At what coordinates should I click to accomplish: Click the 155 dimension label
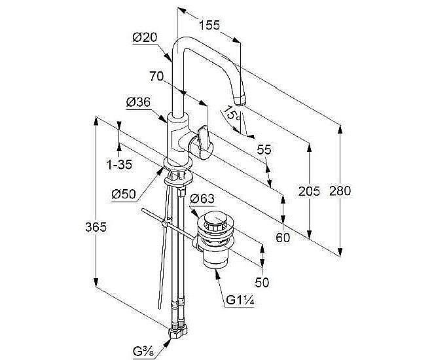209,25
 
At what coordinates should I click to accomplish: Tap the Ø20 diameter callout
145,37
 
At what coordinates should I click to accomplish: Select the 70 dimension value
156,77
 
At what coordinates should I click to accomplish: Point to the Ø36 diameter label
138,102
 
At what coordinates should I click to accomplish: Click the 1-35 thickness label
119,165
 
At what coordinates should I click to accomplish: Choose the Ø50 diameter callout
124,194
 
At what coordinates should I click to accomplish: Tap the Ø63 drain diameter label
202,198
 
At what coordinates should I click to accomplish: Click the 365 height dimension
96,227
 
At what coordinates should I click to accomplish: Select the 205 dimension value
309,191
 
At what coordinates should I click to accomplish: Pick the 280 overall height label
340,191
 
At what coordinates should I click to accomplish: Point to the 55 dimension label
264,150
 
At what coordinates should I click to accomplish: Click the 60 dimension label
283,238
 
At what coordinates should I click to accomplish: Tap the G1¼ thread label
240,300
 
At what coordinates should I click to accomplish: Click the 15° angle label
232,113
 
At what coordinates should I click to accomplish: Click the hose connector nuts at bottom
178,330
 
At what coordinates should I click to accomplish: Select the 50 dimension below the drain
262,282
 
